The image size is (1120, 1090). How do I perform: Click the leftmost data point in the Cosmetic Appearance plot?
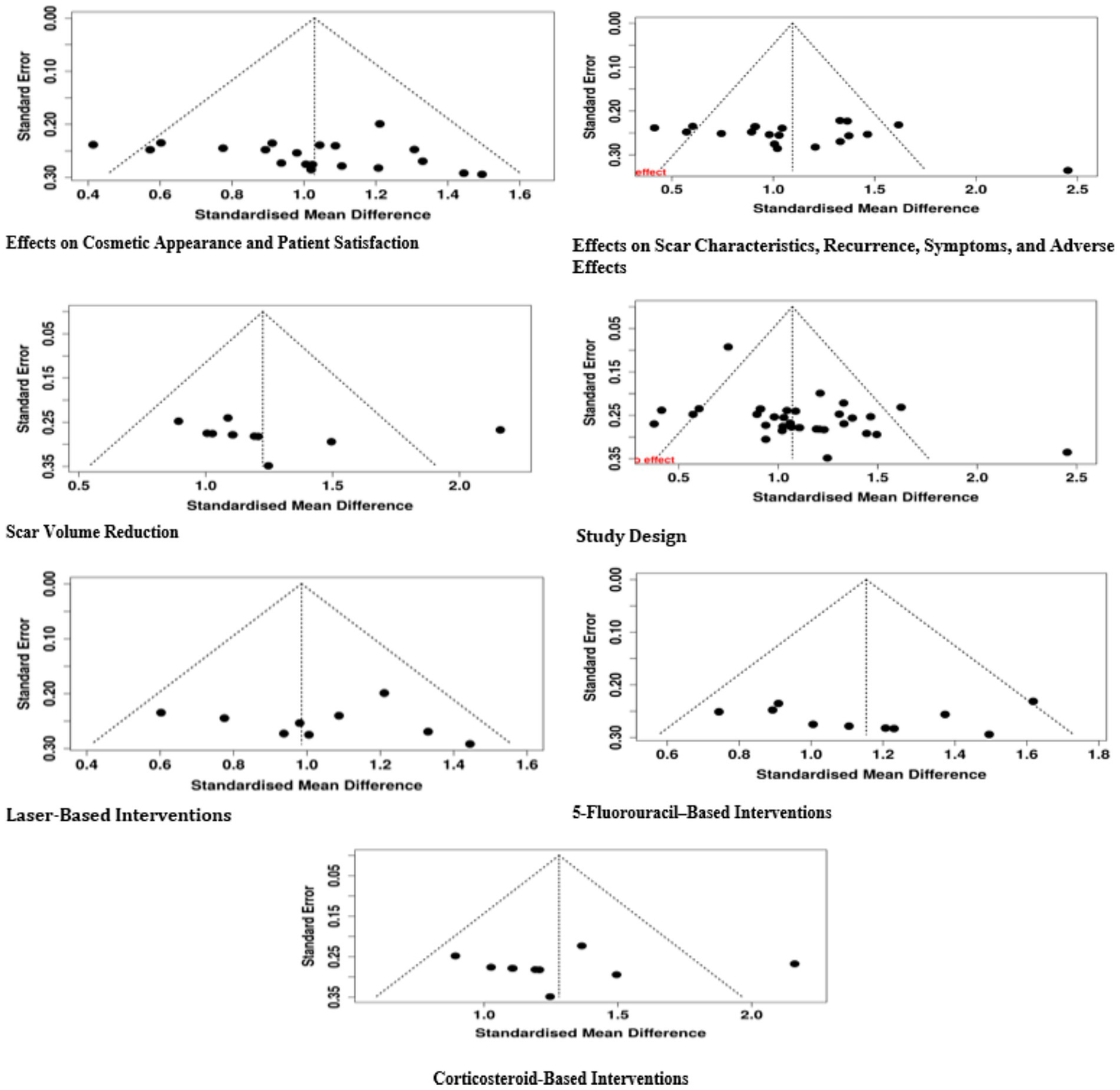pyautogui.click(x=93, y=144)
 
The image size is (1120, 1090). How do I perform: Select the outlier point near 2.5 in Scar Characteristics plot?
pyautogui.click(x=1067, y=170)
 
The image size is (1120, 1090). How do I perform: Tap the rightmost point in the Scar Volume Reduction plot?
pyautogui.click(x=500, y=430)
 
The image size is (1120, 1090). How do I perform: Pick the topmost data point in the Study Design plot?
pyautogui.click(x=727, y=347)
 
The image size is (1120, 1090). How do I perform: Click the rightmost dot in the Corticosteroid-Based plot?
pyautogui.click(x=795, y=964)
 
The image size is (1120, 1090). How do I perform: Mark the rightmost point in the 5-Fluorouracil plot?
pyautogui.click(x=1032, y=701)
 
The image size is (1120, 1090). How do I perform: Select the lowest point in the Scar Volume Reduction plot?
pyautogui.click(x=268, y=465)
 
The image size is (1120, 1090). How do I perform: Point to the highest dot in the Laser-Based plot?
pyautogui.click(x=384, y=692)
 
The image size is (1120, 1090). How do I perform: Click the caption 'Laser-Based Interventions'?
pyautogui.click(x=119, y=815)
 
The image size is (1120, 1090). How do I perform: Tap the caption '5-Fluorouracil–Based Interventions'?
pyautogui.click(x=701, y=812)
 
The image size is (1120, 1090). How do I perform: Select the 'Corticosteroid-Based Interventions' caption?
pyautogui.click(x=560, y=1078)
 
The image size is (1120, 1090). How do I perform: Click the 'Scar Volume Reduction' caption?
pyautogui.click(x=92, y=532)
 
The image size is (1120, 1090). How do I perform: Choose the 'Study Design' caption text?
pyautogui.click(x=631, y=536)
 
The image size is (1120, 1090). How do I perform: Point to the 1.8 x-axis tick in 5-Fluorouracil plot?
pyautogui.click(x=1098, y=754)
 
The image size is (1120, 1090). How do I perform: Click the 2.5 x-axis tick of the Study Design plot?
pyautogui.click(x=1076, y=477)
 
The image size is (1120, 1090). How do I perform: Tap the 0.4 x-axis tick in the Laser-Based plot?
pyautogui.click(x=88, y=765)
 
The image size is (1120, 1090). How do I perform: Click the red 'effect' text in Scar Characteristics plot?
pyautogui.click(x=651, y=172)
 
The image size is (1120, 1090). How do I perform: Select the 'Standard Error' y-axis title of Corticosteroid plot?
pyautogui.click(x=309, y=926)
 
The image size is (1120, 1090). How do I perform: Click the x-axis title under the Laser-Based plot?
pyautogui.click(x=306, y=785)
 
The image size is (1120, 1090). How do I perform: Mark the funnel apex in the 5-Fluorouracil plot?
pyautogui.click(x=866, y=579)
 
